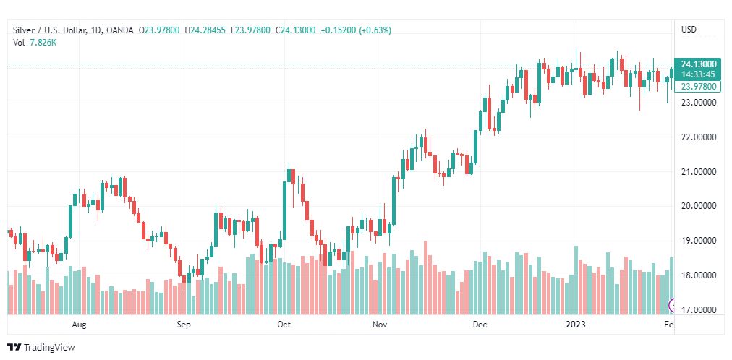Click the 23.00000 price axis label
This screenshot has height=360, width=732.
pos(698,103)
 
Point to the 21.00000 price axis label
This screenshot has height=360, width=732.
pos(698,172)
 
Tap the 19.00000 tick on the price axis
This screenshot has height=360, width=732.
pos(698,241)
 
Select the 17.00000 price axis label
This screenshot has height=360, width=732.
pos(698,310)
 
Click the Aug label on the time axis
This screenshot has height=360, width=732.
pos(80,325)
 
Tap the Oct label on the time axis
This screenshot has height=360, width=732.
pos(284,325)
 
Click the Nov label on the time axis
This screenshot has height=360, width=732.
pos(380,325)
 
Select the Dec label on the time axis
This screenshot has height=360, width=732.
pos(479,325)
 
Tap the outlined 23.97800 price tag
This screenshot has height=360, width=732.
pos(699,86)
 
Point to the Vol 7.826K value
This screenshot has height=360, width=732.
pos(43,42)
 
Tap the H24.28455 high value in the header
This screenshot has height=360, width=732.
pos(205,30)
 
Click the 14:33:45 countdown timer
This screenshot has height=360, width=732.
pos(698,74)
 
